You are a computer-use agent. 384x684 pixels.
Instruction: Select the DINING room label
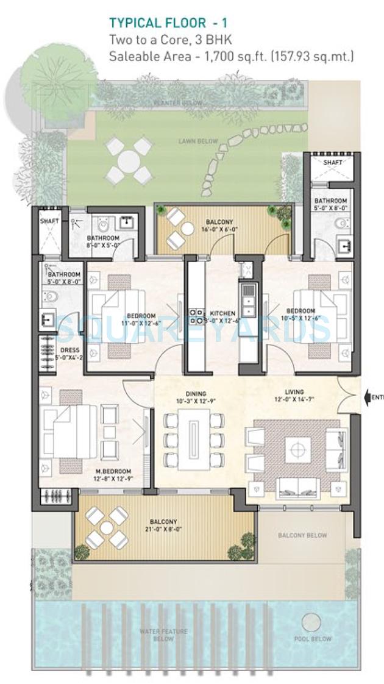(196, 394)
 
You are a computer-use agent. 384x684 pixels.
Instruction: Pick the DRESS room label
(69, 350)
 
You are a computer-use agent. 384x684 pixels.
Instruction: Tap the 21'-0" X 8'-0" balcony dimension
(163, 530)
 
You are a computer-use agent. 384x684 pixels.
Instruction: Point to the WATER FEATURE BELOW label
(163, 635)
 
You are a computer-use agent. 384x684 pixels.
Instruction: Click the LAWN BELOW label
(198, 141)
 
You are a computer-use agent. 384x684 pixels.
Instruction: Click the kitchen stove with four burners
(197, 315)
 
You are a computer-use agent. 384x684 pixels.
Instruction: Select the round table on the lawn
(129, 161)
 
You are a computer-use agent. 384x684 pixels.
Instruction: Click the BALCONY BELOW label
(302, 536)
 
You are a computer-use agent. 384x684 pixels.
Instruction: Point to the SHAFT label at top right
(333, 163)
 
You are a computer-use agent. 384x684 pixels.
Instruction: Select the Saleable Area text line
(231, 57)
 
